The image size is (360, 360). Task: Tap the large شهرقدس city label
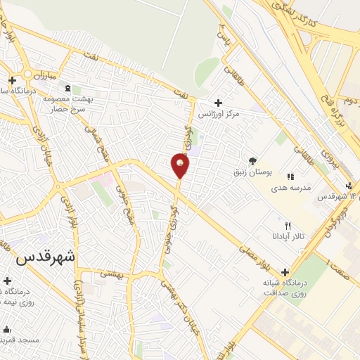tap(45, 257)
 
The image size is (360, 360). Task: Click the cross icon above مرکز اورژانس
tap(218, 103)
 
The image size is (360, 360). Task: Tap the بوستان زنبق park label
tap(253, 172)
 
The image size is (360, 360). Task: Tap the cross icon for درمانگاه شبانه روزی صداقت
tap(285, 272)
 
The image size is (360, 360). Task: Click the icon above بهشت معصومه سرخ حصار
tap(67, 88)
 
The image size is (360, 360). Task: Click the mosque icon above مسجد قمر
tap(6, 328)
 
